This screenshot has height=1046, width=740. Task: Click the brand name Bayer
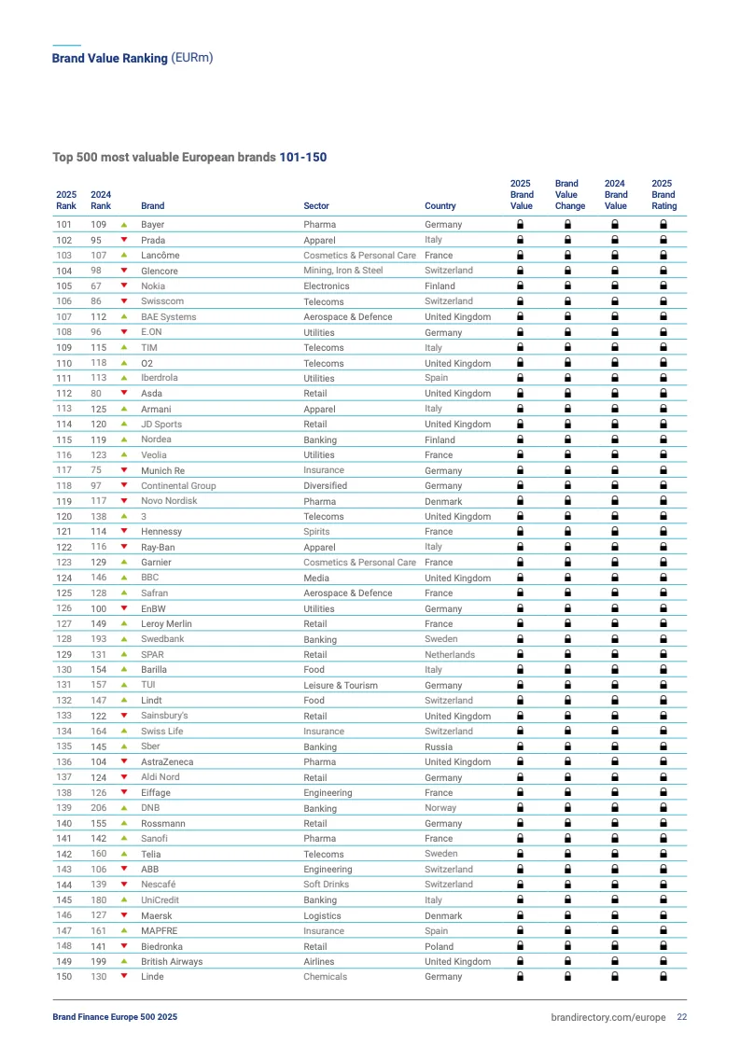pyautogui.click(x=153, y=225)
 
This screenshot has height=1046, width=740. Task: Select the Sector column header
pyautogui.click(x=316, y=206)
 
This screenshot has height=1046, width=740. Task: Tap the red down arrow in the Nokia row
pyautogui.click(x=123, y=286)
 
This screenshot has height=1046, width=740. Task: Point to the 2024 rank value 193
pyautogui.click(x=98, y=639)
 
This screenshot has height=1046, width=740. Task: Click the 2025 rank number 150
pyautogui.click(x=63, y=977)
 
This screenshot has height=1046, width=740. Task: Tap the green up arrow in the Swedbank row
pyautogui.click(x=123, y=639)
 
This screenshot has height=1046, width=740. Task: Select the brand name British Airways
pyautogui.click(x=172, y=962)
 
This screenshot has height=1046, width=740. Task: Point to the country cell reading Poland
pyautogui.click(x=439, y=946)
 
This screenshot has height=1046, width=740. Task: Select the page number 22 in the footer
pyautogui.click(x=682, y=1017)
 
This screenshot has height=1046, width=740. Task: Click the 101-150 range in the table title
pyautogui.click(x=303, y=158)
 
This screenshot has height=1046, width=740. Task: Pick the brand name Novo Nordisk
pyautogui.click(x=169, y=501)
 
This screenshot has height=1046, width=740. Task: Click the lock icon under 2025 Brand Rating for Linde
pyautogui.click(x=663, y=977)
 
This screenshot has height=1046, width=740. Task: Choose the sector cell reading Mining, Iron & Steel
pyautogui.click(x=342, y=271)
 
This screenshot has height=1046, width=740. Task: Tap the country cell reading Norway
pyautogui.click(x=440, y=808)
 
